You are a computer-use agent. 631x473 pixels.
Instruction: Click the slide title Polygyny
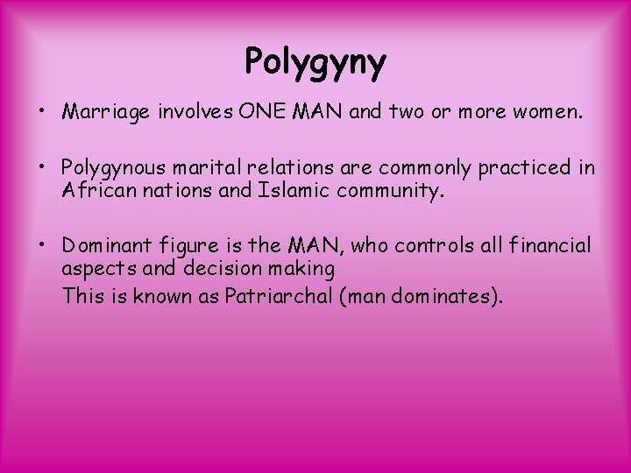tap(315, 62)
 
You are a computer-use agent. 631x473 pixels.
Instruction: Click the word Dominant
tap(106, 246)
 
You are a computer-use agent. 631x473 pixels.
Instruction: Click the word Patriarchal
tap(278, 295)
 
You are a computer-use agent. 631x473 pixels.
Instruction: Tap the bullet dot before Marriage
tap(43, 112)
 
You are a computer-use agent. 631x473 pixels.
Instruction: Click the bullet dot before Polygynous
tap(43, 166)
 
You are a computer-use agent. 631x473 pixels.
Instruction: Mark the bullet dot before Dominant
tap(43, 246)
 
